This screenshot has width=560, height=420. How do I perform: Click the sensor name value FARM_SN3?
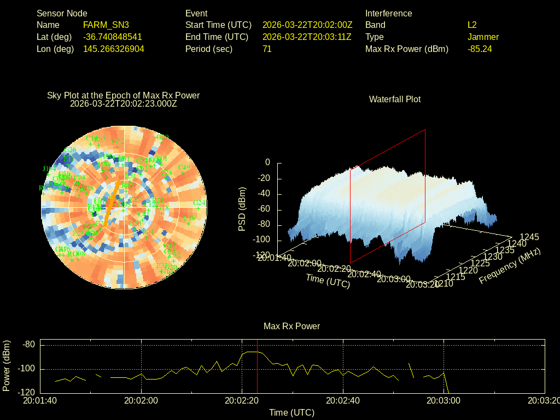click(106, 25)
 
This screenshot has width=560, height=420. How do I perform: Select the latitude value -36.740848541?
click(113, 37)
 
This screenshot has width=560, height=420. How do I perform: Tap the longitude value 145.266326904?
click(114, 49)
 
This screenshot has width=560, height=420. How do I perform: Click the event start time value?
click(307, 25)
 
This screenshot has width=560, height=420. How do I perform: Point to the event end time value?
click(307, 37)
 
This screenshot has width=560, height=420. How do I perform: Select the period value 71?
click(267, 49)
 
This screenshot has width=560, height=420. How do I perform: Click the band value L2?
click(472, 25)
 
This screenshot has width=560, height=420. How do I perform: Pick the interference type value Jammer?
click(483, 37)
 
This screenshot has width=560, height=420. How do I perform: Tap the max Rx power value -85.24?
click(480, 49)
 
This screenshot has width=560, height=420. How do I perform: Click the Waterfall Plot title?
click(395, 99)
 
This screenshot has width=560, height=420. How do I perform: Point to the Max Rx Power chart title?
click(291, 326)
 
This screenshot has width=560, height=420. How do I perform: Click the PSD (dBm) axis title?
click(242, 209)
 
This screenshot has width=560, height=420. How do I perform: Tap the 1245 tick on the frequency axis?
click(529, 237)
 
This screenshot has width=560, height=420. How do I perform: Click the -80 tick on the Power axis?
click(28, 345)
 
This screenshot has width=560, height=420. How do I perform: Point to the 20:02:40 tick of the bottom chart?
click(343, 400)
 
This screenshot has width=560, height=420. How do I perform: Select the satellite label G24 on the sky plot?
click(200, 203)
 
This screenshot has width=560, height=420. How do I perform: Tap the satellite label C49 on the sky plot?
click(184, 167)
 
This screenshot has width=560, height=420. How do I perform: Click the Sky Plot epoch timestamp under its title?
click(124, 103)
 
